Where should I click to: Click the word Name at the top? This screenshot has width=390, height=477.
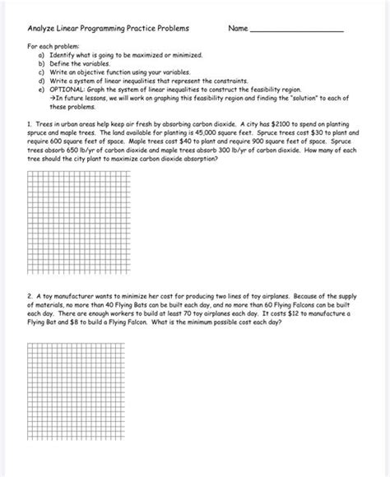[238, 29]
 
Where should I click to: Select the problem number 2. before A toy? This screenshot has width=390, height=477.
[29, 294]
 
